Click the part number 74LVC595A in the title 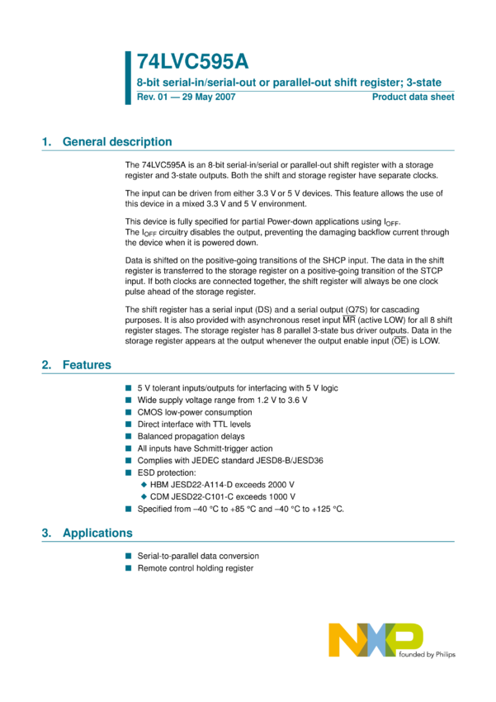tap(192, 63)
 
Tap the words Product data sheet tap(413, 97)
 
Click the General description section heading tap(117, 142)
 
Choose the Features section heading tap(87, 365)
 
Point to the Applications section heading tap(97, 533)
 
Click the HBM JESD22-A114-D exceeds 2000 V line tap(223, 484)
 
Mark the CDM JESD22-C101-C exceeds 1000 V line tap(223, 496)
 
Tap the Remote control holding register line tap(196, 568)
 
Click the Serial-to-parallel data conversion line tap(198, 557)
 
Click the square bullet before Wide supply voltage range tap(129, 400)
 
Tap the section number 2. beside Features tap(47, 365)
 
